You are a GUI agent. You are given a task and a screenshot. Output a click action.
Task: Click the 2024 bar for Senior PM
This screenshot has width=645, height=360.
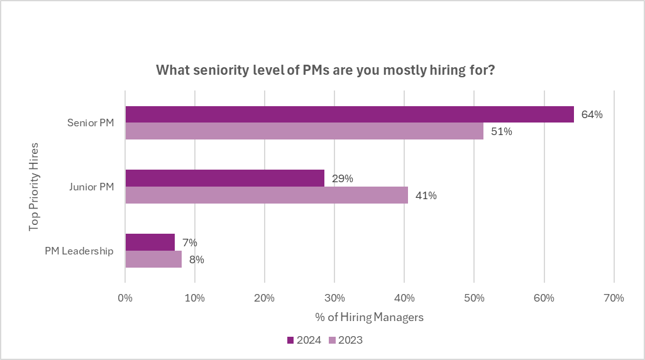(350, 114)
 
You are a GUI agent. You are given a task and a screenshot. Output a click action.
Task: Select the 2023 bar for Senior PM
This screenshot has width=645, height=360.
(304, 131)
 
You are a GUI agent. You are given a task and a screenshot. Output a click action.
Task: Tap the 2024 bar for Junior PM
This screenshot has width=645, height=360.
(225, 178)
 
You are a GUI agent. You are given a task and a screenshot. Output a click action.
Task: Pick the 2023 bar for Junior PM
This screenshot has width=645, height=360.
(267, 195)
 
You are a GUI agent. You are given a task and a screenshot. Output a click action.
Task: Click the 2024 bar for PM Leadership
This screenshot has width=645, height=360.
(150, 242)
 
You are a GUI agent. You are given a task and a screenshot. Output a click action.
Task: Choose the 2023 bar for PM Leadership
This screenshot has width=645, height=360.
(153, 259)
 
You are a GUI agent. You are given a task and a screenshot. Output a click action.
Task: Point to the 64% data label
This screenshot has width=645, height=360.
(592, 115)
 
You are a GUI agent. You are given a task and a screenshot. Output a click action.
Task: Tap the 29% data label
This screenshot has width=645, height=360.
(343, 178)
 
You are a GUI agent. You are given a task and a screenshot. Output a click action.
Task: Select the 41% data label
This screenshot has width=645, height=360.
(426, 195)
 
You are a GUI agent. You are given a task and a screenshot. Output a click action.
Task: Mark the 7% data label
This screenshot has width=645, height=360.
(190, 243)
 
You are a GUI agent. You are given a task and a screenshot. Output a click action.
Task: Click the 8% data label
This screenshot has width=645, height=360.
(197, 259)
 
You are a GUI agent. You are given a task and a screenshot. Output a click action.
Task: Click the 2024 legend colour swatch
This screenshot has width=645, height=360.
(290, 341)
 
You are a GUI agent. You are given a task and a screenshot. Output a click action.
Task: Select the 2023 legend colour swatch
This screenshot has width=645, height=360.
(333, 341)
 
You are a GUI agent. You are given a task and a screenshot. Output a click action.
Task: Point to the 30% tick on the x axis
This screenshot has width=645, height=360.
(334, 298)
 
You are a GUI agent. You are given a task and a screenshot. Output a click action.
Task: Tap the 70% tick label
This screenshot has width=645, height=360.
(613, 298)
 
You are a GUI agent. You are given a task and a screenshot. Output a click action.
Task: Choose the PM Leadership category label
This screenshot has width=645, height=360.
(79, 251)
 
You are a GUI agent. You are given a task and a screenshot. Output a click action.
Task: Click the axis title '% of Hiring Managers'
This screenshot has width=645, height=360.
(370, 317)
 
